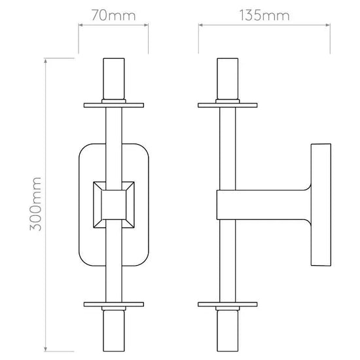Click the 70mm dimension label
coord(114,16)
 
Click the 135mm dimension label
coord(264,16)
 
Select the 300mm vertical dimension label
coord(35,204)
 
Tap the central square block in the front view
coord(114,205)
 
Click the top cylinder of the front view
coord(114,79)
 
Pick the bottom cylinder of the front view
coord(114,331)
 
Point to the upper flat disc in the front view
coord(114,105)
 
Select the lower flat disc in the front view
coord(114,304)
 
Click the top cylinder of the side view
coord(228,79)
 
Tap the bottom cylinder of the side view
coord(228,331)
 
